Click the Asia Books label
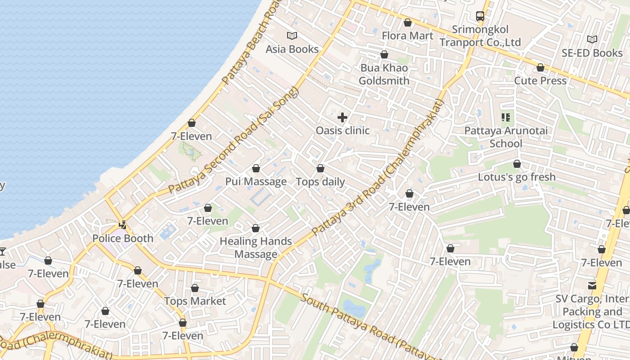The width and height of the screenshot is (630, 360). coord(292,49)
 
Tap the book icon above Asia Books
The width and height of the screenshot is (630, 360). coord(292,36)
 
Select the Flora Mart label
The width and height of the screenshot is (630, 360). coord(408,36)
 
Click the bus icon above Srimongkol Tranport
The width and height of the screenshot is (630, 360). coord(480,16)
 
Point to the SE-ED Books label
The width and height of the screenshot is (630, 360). coord(592,53)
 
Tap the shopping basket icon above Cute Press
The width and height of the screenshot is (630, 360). coord(540,68)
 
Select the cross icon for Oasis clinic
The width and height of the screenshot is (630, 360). coord(342,118)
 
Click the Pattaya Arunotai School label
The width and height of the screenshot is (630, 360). coord(506,137)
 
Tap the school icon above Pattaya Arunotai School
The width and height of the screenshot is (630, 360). coord(506,118)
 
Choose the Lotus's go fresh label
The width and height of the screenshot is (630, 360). coord(517,177)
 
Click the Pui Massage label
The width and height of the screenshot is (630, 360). coord(256,182)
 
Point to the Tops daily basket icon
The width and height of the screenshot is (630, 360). coord(320,169)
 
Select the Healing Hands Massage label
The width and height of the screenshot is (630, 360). coord(256,247)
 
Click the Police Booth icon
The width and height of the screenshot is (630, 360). coord(122,225)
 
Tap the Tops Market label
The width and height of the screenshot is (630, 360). coord(195,301)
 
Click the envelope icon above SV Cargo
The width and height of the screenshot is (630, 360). coord(592,285)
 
